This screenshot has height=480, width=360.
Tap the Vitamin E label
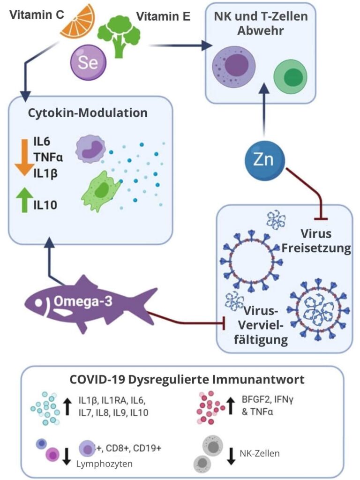click(x=163, y=17)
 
